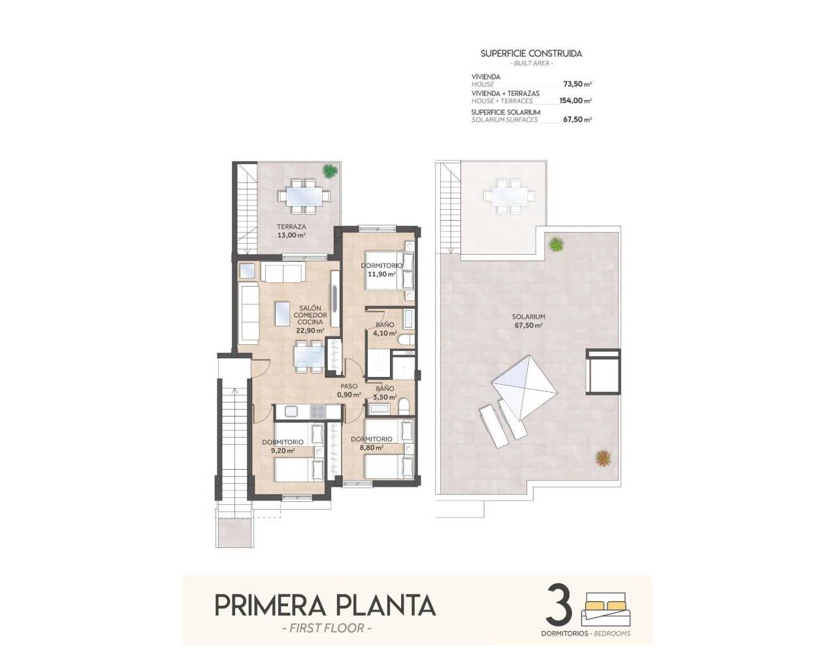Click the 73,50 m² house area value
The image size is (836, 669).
pos(577,84)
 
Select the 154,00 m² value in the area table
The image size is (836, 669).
pos(575,101)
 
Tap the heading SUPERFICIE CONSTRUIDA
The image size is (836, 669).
pos(531,54)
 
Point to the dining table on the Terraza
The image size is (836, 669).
pos(301,195)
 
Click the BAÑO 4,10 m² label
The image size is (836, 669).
pos(384,329)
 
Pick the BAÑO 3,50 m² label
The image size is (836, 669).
pos(385,393)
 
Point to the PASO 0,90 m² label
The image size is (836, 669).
pos(349,391)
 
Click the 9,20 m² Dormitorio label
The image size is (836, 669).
pos(283,446)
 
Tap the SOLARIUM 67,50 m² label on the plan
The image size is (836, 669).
pos(529,321)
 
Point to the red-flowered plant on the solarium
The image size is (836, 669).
pos(603,457)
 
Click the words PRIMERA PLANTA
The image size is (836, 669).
pos(325,605)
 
